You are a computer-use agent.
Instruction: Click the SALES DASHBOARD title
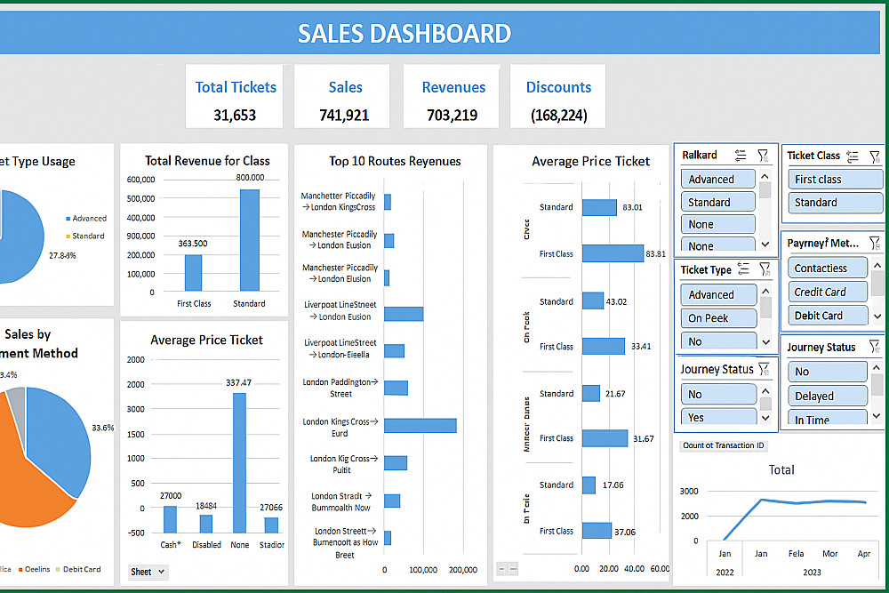click(x=404, y=34)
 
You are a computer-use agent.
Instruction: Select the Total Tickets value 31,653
click(x=235, y=115)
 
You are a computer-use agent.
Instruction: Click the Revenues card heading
click(x=453, y=87)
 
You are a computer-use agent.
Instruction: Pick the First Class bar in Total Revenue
click(x=194, y=273)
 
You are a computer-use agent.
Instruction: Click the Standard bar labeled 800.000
click(x=249, y=240)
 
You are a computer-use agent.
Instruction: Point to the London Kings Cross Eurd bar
click(x=420, y=426)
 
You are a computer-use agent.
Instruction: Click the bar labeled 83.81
click(x=613, y=253)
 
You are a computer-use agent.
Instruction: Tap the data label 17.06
click(x=613, y=485)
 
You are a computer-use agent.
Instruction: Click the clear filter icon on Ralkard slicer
click(x=763, y=155)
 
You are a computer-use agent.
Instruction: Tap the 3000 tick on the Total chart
click(x=689, y=491)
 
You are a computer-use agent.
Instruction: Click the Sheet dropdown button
click(x=148, y=572)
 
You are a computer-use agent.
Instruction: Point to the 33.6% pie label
click(x=102, y=428)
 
